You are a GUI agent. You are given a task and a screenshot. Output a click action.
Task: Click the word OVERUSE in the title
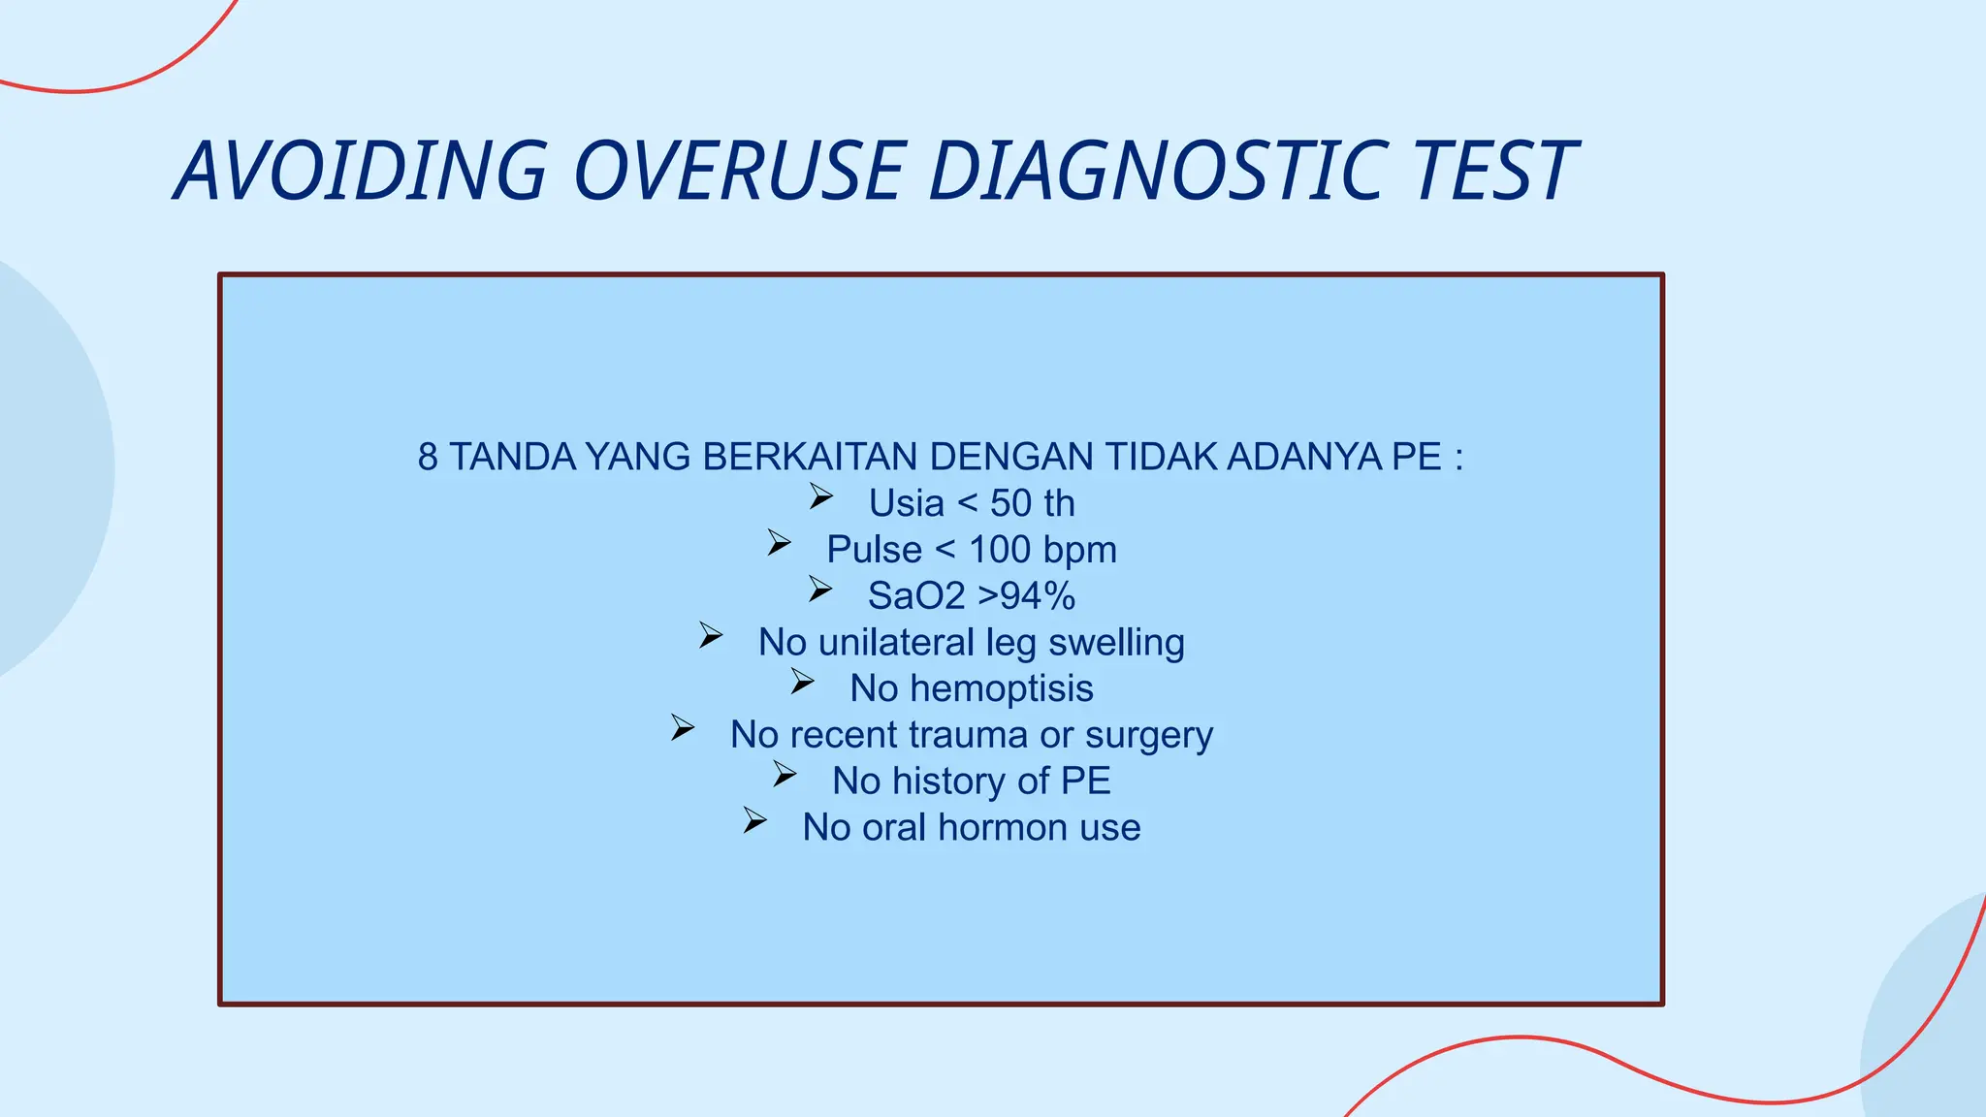(739, 171)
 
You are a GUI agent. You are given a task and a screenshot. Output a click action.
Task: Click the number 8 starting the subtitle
(427, 457)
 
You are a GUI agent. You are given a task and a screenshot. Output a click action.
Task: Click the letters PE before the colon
(1417, 457)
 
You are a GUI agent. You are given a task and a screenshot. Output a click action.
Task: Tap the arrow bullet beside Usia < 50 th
(821, 498)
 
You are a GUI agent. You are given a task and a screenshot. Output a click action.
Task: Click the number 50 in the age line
(1010, 503)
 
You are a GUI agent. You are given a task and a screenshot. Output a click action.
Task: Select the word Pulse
(874, 550)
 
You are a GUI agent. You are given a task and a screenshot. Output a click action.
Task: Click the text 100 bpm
(1042, 550)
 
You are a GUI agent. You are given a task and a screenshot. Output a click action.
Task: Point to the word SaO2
(915, 596)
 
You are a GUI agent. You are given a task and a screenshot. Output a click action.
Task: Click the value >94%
(1026, 596)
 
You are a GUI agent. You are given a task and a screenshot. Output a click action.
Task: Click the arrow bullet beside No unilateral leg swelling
(711, 637)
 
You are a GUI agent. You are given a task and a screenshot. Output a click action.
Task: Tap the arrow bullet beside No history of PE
(785, 776)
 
